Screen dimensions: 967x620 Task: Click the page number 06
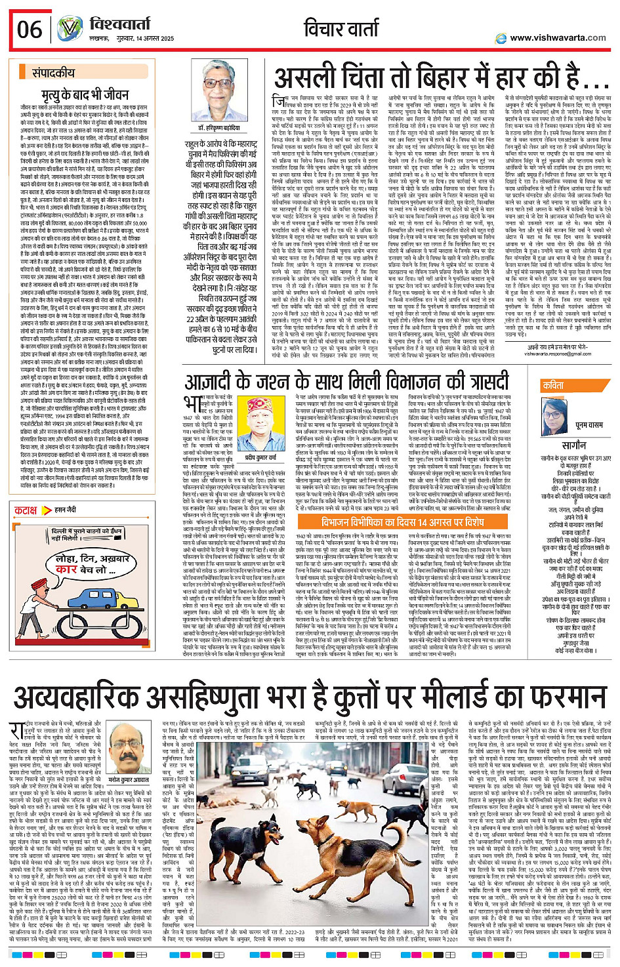(x=30, y=30)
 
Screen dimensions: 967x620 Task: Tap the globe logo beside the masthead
(x=70, y=29)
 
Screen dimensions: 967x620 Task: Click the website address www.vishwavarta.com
(x=558, y=37)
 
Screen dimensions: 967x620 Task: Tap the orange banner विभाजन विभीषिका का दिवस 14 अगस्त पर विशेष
(x=402, y=522)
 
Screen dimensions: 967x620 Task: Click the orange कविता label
(x=553, y=386)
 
